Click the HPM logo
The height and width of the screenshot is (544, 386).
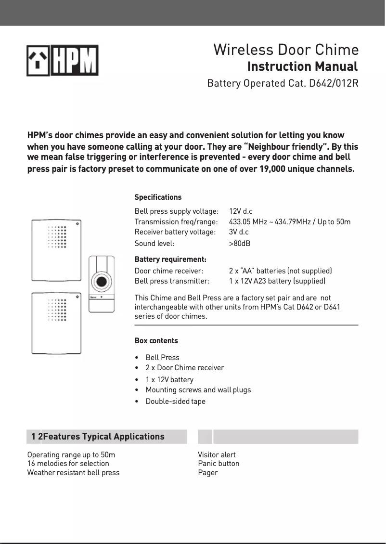pos(63,61)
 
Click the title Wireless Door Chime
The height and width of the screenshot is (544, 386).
pos(286,50)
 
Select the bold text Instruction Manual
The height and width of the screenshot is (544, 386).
pos(302,66)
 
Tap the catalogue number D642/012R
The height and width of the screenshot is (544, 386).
pos(334,83)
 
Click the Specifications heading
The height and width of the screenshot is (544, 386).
pos(158,197)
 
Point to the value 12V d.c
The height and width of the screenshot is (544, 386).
pos(241,211)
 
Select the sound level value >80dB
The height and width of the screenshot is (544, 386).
pos(240,244)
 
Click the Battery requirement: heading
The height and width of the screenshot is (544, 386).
pos(170,260)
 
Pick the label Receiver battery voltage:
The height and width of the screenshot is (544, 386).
pos(175,232)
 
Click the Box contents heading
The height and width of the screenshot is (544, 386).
pos(156,341)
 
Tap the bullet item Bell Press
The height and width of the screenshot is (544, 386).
pos(162,358)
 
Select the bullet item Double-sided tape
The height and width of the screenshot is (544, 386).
pos(175,402)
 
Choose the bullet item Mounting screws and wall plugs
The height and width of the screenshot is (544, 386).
pos(198,390)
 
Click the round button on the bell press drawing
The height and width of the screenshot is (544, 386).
pos(101,281)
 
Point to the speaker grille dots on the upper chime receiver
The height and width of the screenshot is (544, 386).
pos(57,237)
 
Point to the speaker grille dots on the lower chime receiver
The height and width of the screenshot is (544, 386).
pos(57,310)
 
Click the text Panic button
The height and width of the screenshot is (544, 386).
pos(219,464)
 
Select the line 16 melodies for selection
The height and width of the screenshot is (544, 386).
pos(68,464)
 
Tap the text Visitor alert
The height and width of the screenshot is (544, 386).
pos(217,455)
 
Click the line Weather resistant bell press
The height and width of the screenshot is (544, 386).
pos(73,473)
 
